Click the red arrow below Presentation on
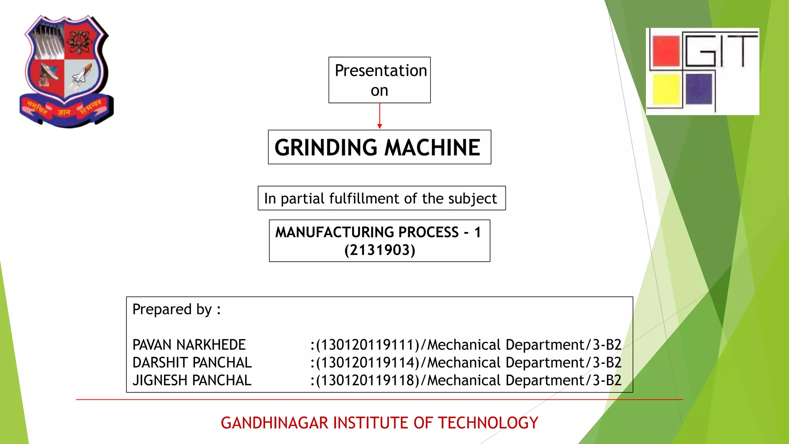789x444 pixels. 379,116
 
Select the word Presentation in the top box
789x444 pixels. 381,71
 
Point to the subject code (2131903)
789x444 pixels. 380,250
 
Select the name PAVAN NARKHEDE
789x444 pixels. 189,345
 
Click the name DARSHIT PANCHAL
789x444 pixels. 192,363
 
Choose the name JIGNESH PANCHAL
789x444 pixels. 192,380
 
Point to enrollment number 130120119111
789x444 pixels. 368,345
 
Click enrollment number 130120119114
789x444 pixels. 368,363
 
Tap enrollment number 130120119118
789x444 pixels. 368,380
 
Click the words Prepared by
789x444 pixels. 172,309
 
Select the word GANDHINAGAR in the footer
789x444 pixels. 275,423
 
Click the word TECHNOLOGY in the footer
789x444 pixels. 488,423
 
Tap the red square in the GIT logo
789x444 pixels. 666,51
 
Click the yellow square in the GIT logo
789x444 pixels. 666,89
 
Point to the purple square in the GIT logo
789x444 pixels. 698,89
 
